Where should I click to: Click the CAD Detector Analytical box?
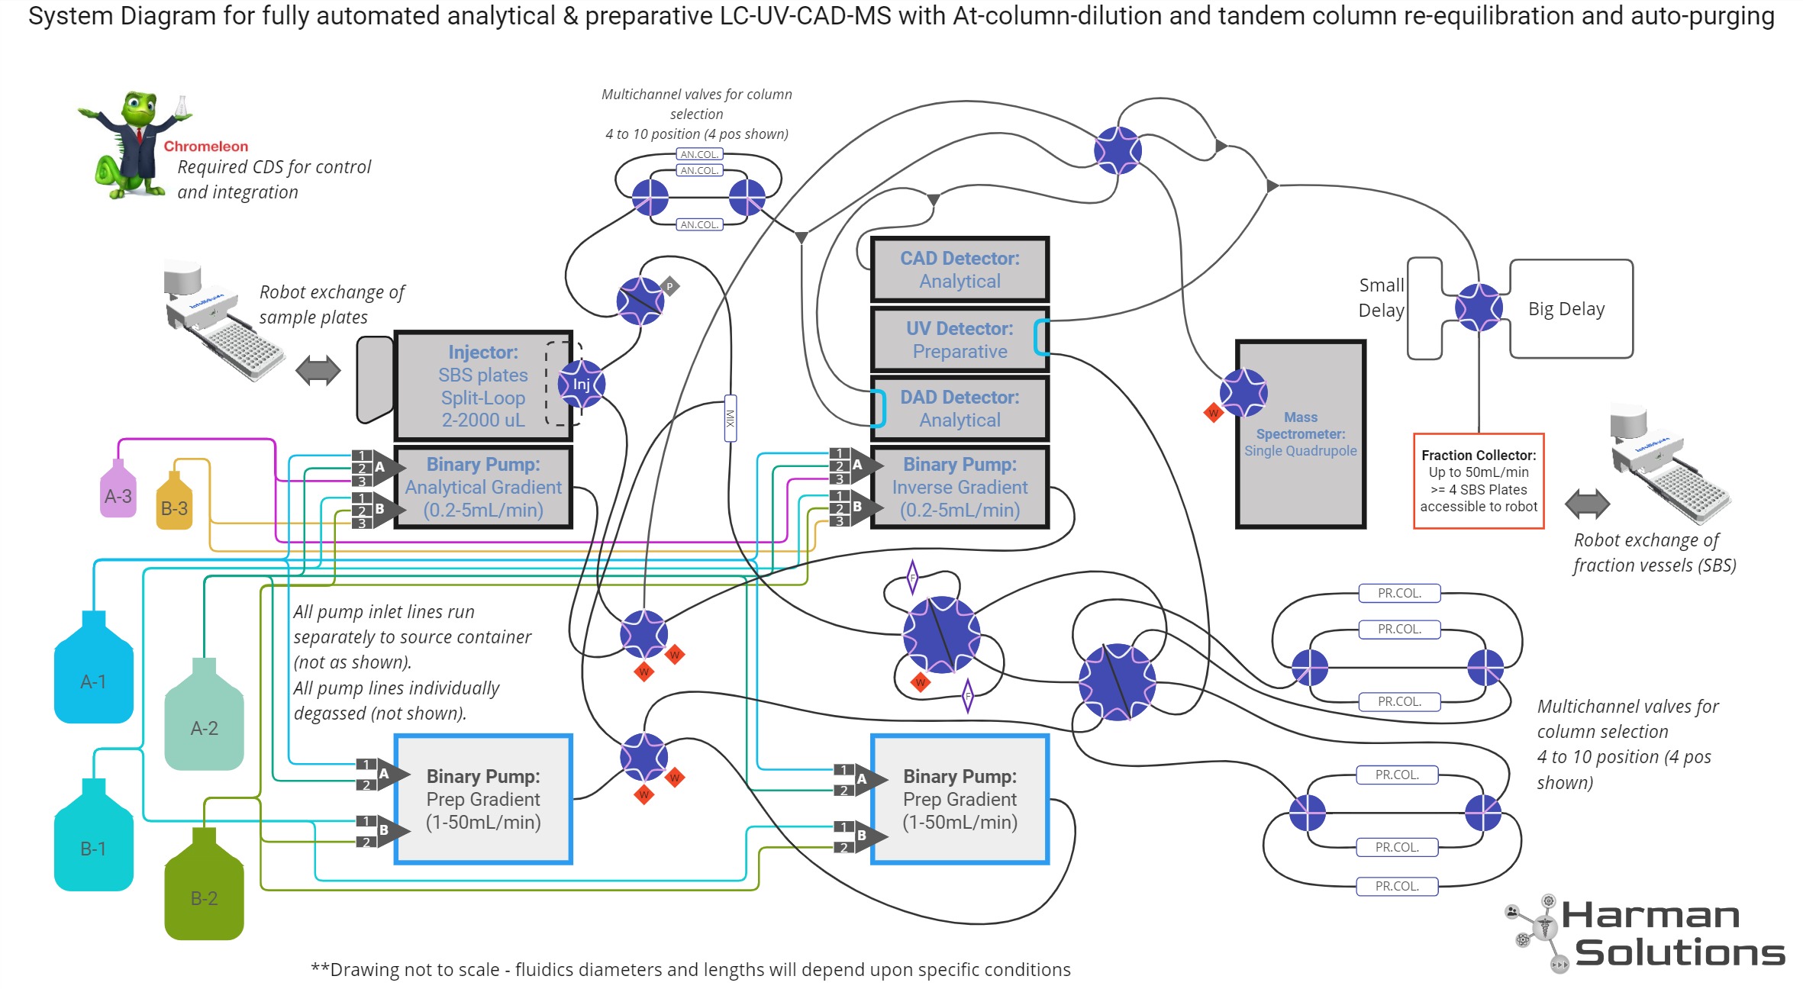click(960, 269)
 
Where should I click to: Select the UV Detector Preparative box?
click(960, 340)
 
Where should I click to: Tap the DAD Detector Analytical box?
click(960, 408)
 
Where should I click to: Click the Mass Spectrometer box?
click(1300, 433)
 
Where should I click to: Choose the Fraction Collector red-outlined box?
click(1478, 481)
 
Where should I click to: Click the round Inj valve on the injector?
click(581, 384)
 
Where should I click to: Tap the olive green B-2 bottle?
click(204, 893)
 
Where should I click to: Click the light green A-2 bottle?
click(204, 721)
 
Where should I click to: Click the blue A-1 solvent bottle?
click(93, 675)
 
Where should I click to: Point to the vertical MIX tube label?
click(730, 418)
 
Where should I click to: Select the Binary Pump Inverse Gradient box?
click(960, 487)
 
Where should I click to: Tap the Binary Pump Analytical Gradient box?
click(483, 487)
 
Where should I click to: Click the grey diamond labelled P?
click(669, 287)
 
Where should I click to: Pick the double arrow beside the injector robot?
click(318, 371)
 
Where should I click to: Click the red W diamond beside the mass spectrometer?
click(1213, 414)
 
